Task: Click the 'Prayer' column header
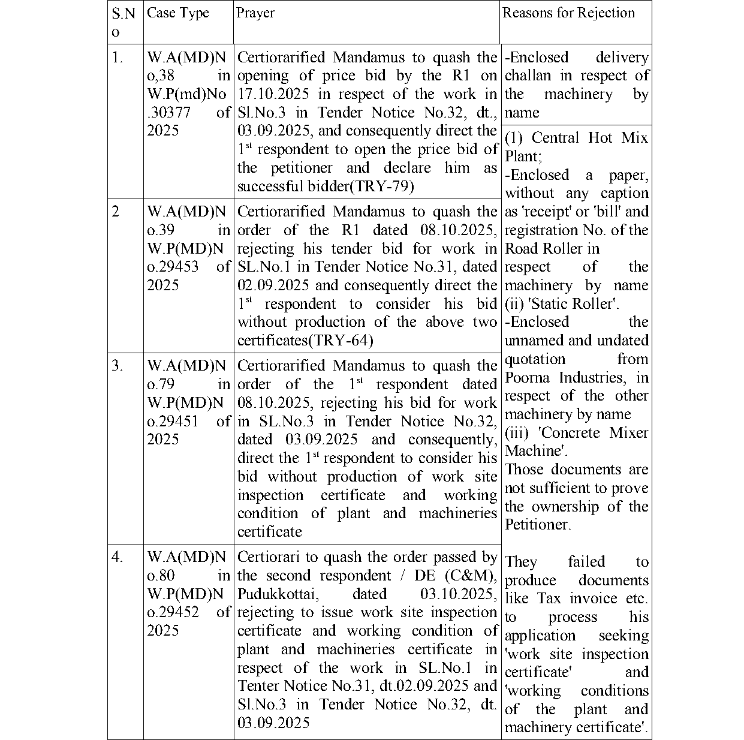pyautogui.click(x=255, y=13)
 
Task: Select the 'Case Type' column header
pyautogui.click(x=178, y=13)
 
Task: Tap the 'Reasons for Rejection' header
pyautogui.click(x=568, y=13)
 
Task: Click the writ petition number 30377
pyautogui.click(x=171, y=113)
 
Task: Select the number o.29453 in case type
pyautogui.click(x=173, y=267)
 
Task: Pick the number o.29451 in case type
pyautogui.click(x=173, y=421)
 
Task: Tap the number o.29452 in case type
pyautogui.click(x=173, y=612)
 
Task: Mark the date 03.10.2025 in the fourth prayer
pyautogui.click(x=458, y=594)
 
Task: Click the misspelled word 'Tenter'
pyautogui.click(x=259, y=686)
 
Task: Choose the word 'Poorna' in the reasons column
pyautogui.click(x=529, y=378)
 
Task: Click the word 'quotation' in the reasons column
pyautogui.click(x=535, y=359)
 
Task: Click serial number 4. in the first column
pyautogui.click(x=118, y=557)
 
